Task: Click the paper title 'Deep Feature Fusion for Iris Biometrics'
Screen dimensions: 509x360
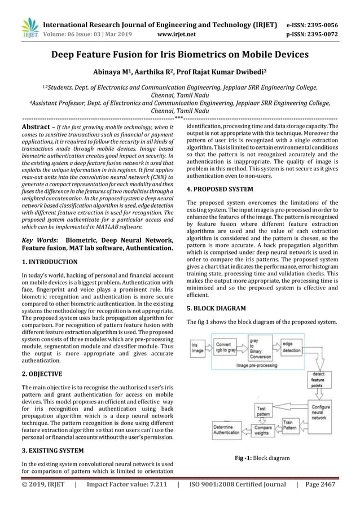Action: click(180, 55)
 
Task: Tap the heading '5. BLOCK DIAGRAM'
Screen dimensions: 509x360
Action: click(216, 309)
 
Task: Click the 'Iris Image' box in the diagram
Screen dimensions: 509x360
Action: click(198, 346)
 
